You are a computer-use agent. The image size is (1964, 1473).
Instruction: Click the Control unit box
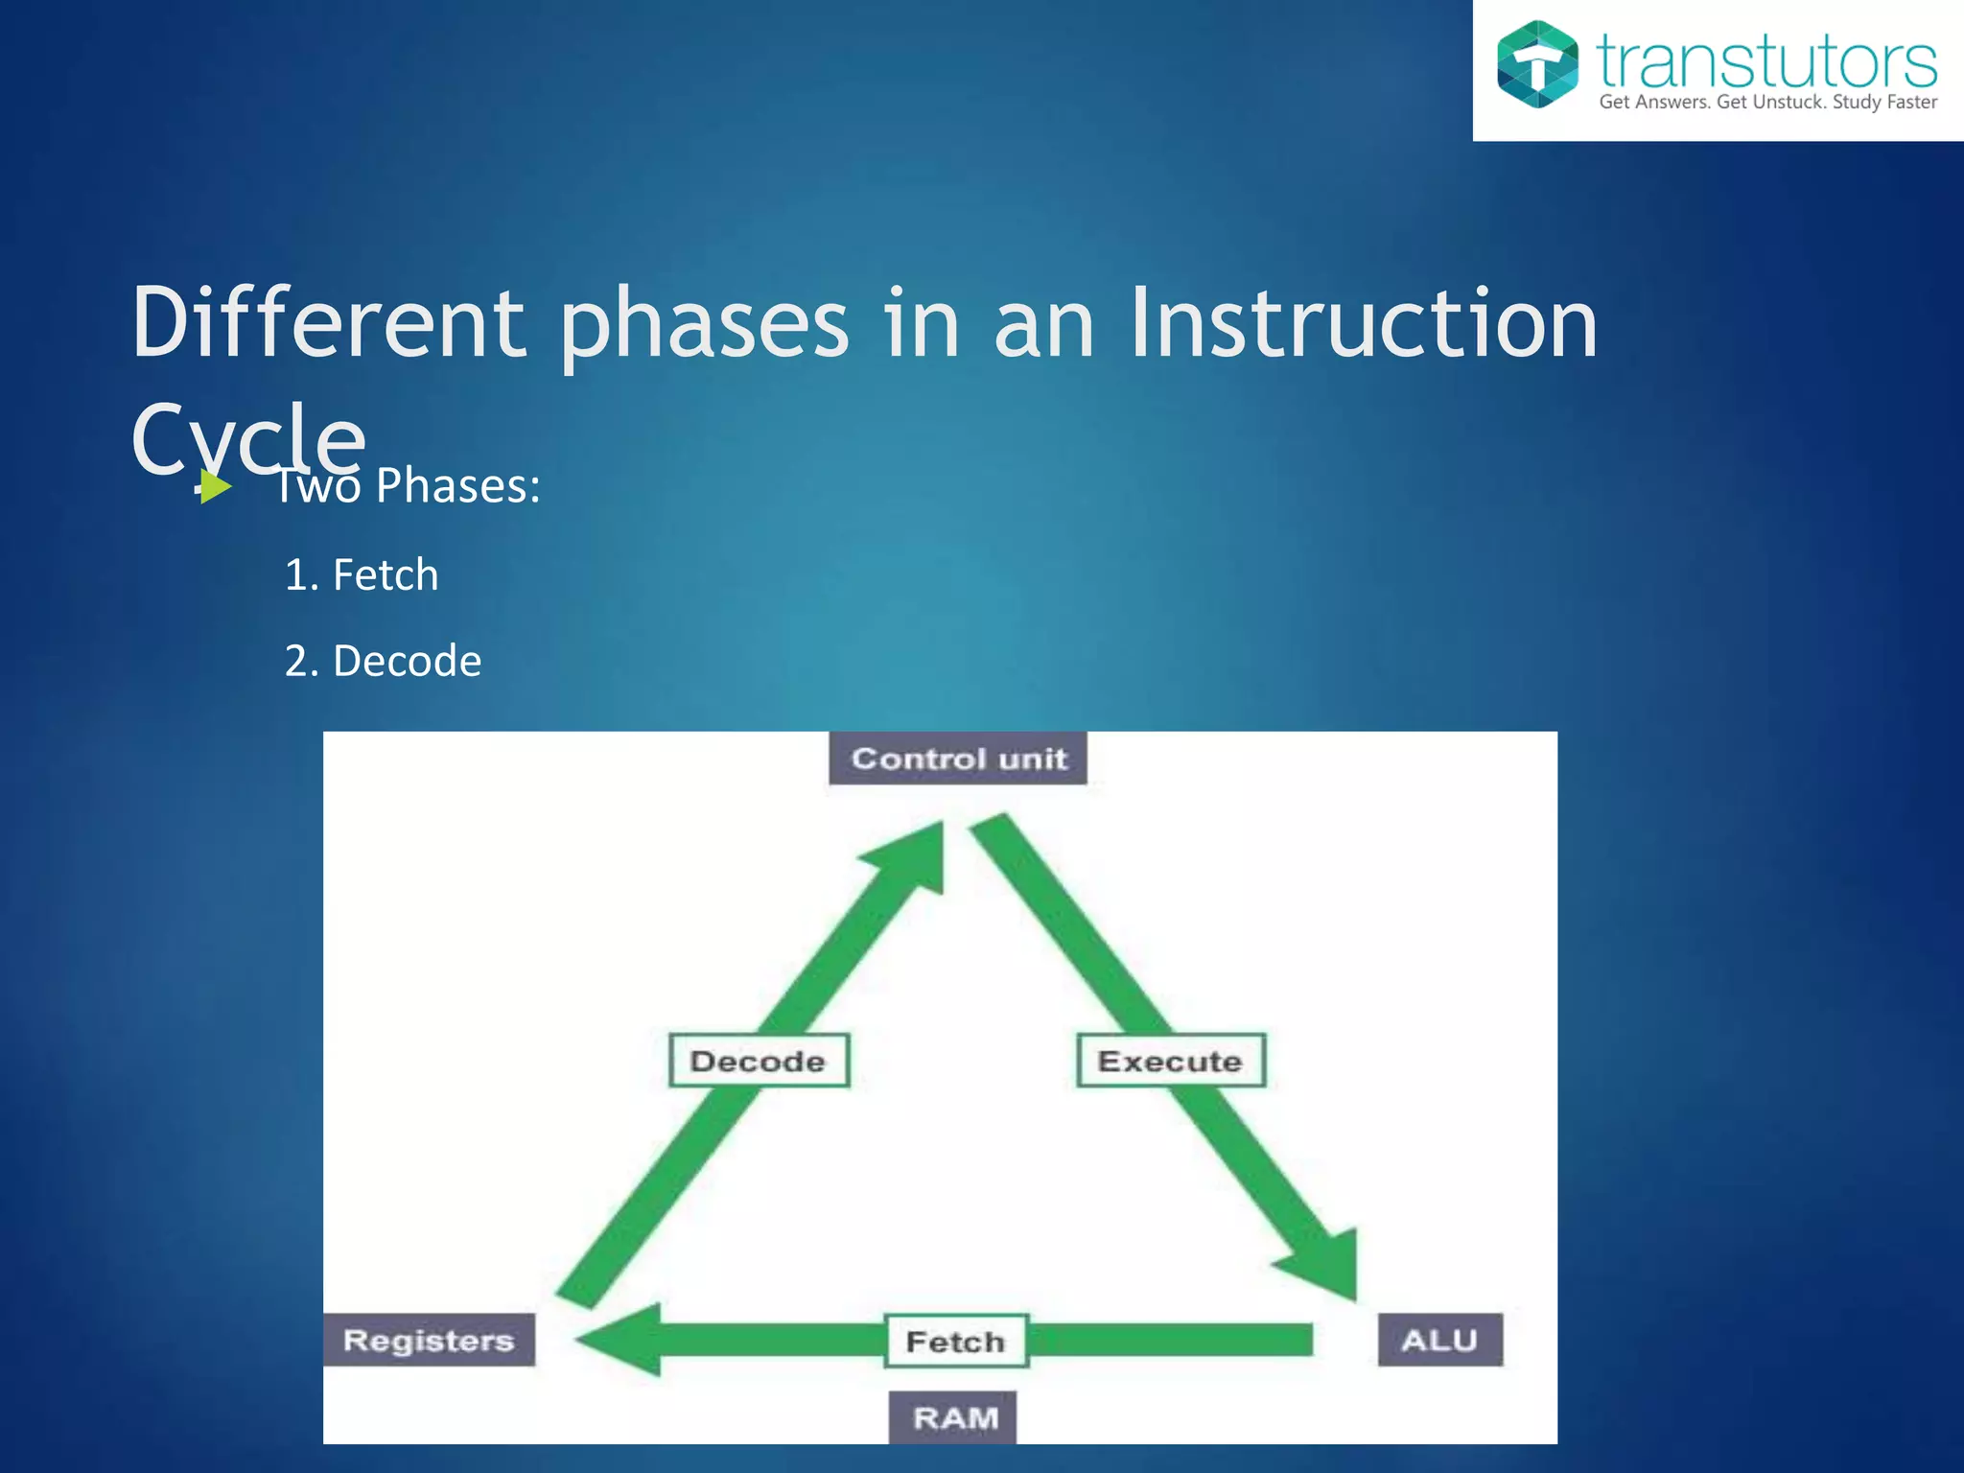pyautogui.click(x=958, y=759)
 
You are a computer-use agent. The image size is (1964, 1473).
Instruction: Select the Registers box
pyautogui.click(x=429, y=1340)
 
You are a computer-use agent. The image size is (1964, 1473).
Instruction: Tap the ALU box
pyautogui.click(x=1439, y=1340)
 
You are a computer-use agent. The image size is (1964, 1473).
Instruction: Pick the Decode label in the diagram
pyautogui.click(x=759, y=1061)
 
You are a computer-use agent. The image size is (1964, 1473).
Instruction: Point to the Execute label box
pyautogui.click(x=1170, y=1061)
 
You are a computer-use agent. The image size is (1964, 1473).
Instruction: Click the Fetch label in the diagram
pyautogui.click(x=955, y=1341)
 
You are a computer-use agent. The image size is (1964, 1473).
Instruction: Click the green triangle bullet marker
pyautogui.click(x=216, y=487)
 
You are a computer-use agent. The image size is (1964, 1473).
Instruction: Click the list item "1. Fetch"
pyautogui.click(x=362, y=575)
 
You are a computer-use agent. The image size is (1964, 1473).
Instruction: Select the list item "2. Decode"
pyautogui.click(x=383, y=662)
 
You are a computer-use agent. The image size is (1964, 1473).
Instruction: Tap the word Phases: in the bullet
pyautogui.click(x=457, y=485)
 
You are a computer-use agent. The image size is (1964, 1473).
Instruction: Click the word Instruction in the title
pyautogui.click(x=1363, y=323)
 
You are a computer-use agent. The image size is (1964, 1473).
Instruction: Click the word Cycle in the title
pyautogui.click(x=248, y=438)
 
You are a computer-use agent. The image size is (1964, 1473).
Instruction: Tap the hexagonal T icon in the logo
pyautogui.click(x=1537, y=64)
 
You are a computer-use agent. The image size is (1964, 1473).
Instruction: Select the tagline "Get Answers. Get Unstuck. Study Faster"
pyautogui.click(x=1767, y=102)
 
